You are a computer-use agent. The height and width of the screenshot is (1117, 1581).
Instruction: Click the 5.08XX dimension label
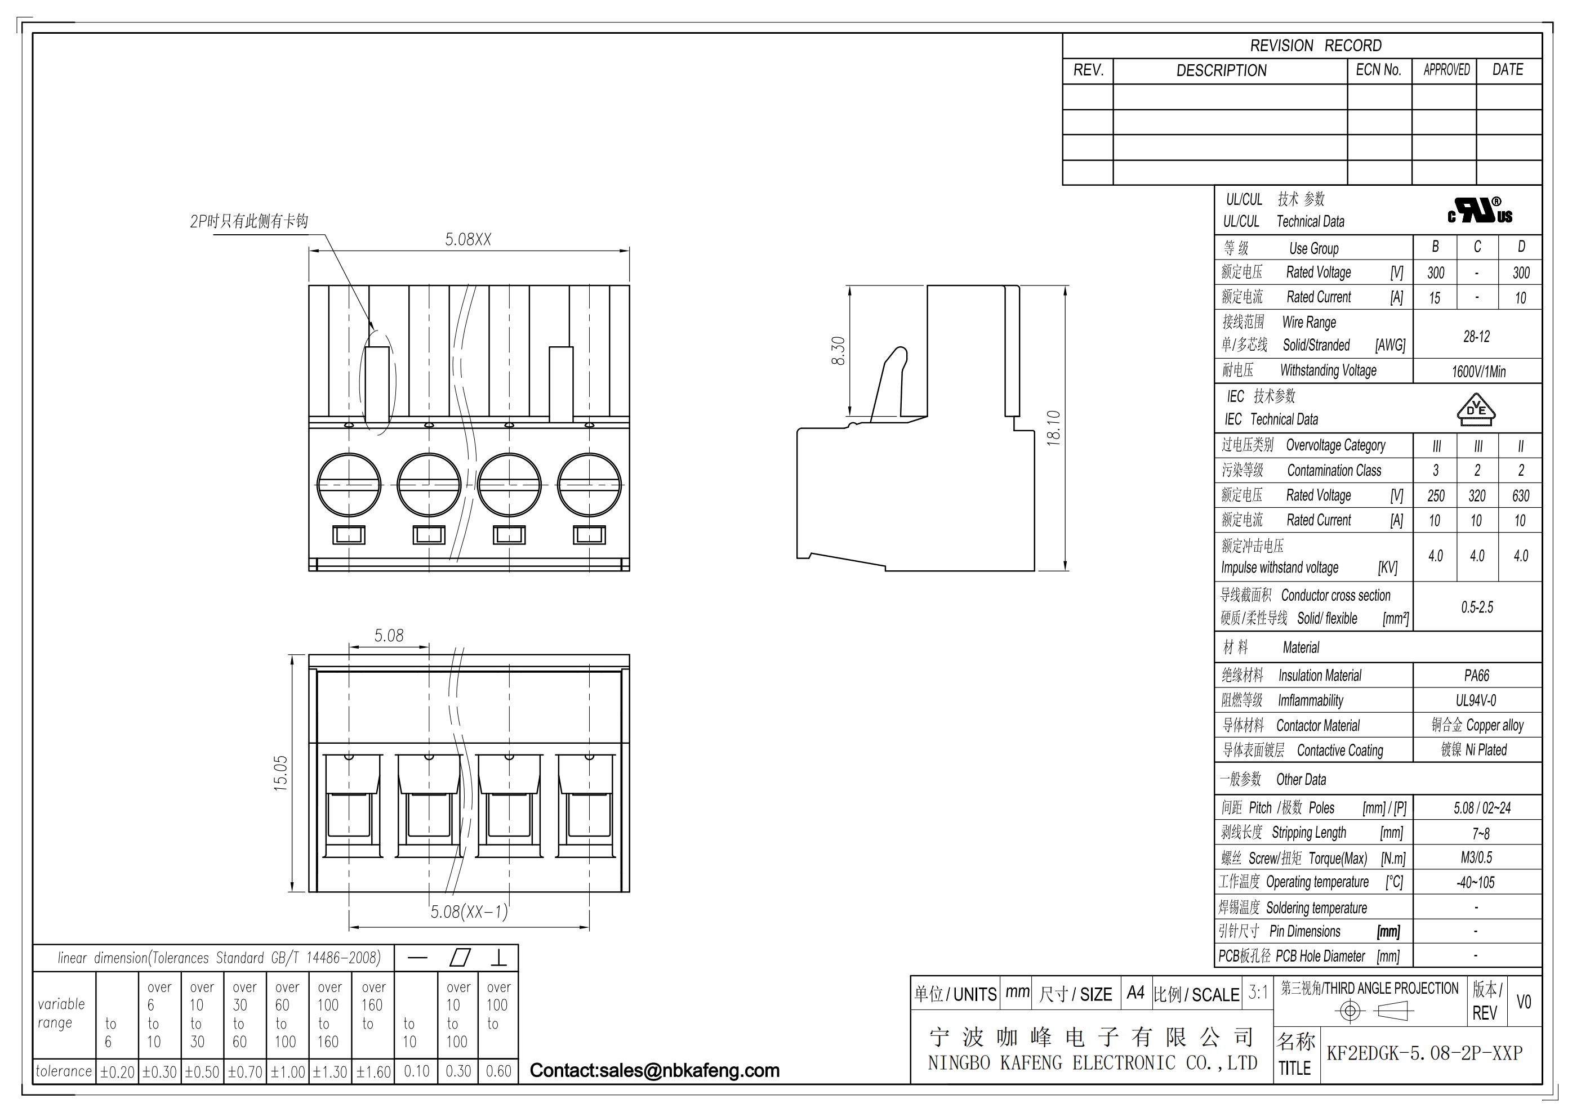click(468, 239)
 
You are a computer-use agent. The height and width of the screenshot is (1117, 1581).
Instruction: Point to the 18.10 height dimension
click(1054, 428)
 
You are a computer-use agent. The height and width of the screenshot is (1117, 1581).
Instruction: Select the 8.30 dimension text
click(838, 350)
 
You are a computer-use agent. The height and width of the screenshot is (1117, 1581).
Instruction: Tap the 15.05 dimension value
click(281, 774)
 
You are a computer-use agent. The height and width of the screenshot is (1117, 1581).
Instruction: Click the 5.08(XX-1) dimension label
click(469, 912)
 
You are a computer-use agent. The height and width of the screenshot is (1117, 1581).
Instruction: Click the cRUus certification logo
click(1480, 211)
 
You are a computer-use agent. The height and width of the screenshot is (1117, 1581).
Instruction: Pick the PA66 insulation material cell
click(1476, 675)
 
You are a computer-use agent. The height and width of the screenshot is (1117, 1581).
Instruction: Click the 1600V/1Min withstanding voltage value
click(1478, 372)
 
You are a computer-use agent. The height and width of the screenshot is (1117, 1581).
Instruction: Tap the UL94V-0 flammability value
click(1476, 700)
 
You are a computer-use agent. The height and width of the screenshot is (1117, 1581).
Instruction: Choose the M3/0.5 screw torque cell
click(1476, 857)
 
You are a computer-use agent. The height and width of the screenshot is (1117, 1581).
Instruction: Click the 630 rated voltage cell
click(1521, 495)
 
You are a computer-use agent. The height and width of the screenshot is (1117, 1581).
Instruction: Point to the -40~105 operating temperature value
click(1476, 882)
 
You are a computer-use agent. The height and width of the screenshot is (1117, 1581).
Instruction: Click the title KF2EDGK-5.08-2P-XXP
click(1424, 1053)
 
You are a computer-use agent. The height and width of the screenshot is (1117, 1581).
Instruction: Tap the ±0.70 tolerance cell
click(244, 1073)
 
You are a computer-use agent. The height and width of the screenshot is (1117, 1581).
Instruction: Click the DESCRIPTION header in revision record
click(1221, 70)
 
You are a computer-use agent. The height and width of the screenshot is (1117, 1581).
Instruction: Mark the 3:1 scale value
click(1258, 993)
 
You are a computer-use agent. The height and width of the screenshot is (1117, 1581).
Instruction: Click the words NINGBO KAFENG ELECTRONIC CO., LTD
click(1092, 1064)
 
